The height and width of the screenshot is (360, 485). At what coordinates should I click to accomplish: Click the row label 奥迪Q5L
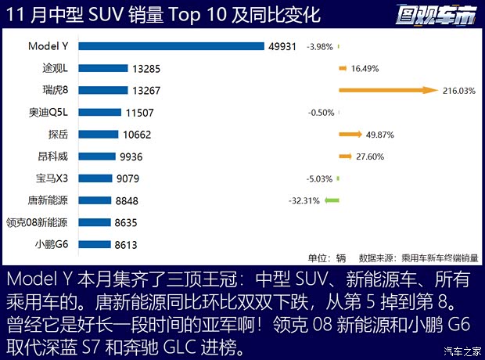[x=48, y=113]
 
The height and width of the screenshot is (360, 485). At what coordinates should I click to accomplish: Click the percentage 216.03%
[x=459, y=91]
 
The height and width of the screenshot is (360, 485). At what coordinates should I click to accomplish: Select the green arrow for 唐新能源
[x=332, y=200]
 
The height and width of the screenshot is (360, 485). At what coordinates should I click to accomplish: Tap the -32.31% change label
[x=304, y=200]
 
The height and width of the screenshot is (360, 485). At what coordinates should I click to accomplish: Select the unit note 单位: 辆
[x=327, y=257]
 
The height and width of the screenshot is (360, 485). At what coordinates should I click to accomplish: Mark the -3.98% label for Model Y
[x=320, y=46]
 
